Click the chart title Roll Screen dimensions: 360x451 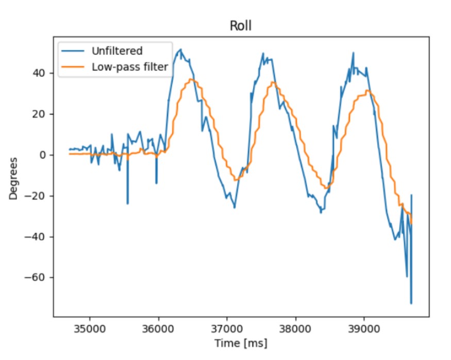[x=241, y=26]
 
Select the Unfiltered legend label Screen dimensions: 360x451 [x=116, y=51]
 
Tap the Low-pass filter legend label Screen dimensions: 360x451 [x=131, y=67]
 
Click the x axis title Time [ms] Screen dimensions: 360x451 [x=241, y=342]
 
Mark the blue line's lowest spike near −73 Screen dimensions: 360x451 [x=411, y=303]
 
